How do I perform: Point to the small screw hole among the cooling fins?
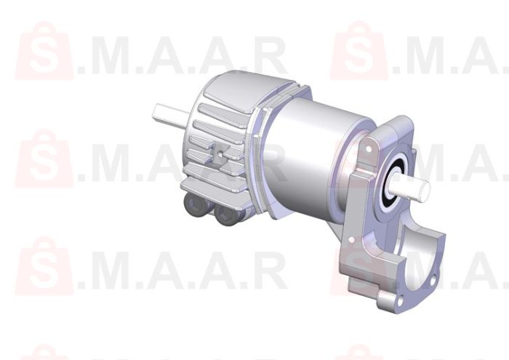pyautogui.click(x=220, y=154)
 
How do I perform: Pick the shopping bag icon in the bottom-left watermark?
pyautogui.click(x=44, y=265)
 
